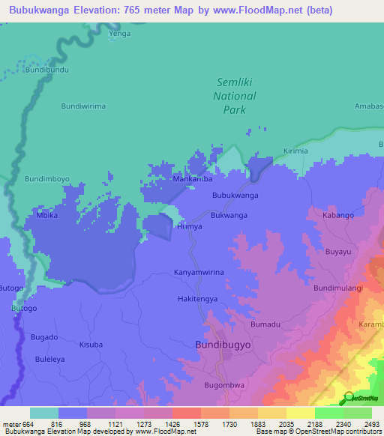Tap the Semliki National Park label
coord(235,96)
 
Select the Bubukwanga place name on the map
coord(235,195)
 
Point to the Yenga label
coord(120,34)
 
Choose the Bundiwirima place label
coord(82,106)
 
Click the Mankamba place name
coord(193,179)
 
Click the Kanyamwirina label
coord(199,273)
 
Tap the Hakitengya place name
coord(197,298)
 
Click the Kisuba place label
coord(91,345)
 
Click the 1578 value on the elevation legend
coord(186,424)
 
